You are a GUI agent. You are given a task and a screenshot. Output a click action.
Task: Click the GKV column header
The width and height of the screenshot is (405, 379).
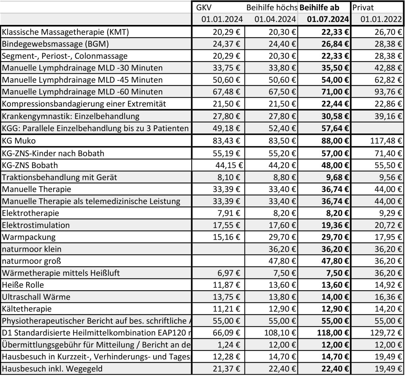click(x=204, y=7)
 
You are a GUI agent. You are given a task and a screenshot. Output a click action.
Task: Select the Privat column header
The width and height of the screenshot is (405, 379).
click(x=363, y=7)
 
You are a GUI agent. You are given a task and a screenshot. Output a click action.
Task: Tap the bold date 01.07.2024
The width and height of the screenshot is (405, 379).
click(x=328, y=19)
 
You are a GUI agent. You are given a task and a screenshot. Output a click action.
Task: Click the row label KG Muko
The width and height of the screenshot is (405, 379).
click(x=19, y=141)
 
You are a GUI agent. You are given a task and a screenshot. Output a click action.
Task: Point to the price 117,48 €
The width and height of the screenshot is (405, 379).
click(x=386, y=141)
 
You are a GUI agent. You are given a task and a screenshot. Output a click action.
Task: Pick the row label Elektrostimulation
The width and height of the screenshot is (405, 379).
click(x=36, y=225)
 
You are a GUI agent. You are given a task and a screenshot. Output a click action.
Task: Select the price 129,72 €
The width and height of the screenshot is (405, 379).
click(x=386, y=333)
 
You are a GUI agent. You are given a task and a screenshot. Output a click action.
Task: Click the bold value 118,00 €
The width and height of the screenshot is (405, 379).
click(x=333, y=333)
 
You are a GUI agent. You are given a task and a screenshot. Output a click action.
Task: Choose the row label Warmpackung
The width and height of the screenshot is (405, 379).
click(x=29, y=237)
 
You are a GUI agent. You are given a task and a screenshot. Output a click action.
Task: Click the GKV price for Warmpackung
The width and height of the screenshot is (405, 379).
click(x=227, y=237)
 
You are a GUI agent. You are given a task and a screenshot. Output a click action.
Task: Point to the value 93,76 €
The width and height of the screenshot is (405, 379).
click(x=388, y=92)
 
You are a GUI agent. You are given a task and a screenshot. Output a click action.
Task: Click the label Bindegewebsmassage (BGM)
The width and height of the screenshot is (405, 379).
click(x=55, y=44)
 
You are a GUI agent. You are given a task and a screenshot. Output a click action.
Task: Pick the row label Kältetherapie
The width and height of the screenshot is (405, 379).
click(x=27, y=309)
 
